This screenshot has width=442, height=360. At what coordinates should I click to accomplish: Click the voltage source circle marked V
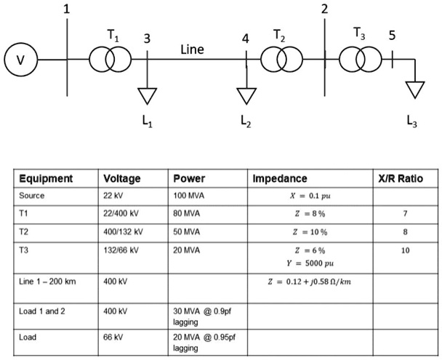click(20, 60)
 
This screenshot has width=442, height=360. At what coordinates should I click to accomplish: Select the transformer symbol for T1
click(107, 60)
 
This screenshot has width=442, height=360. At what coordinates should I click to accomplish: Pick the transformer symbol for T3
click(361, 60)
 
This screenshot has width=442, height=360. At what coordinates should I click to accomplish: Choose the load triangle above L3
click(415, 89)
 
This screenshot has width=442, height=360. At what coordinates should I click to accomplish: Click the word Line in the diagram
click(192, 50)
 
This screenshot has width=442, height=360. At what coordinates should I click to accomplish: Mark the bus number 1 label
click(67, 9)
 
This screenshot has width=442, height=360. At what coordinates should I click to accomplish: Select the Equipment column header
click(46, 179)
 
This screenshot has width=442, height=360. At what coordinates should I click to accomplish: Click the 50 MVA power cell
click(188, 232)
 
